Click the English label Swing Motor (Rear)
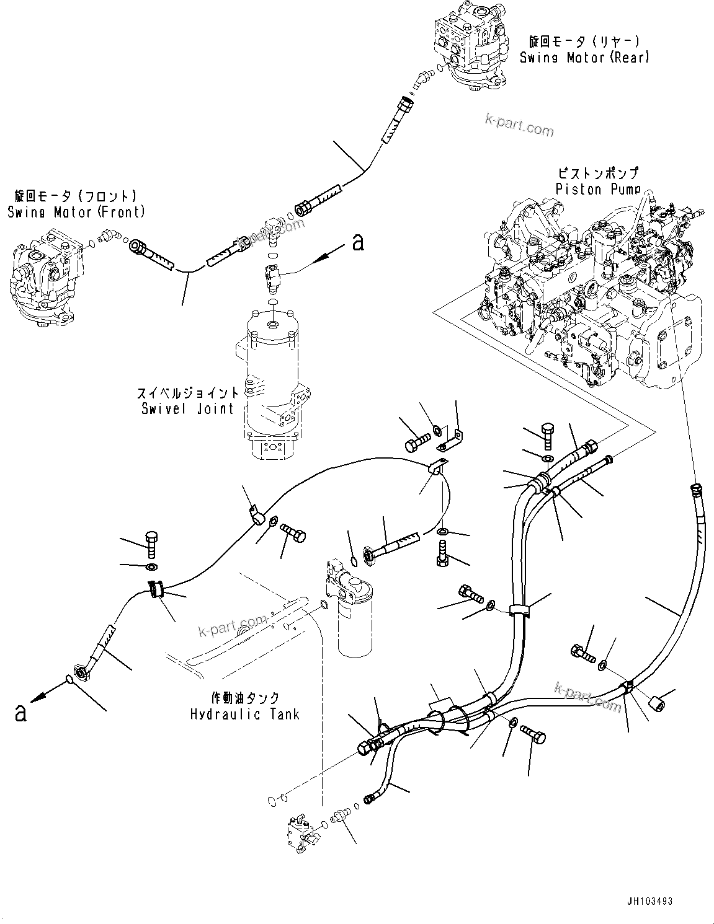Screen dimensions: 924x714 click(584, 58)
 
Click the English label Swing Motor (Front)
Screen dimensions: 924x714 click(76, 212)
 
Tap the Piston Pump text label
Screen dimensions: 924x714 click(597, 189)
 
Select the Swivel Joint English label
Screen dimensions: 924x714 click(186, 408)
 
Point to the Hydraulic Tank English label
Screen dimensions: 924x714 click(244, 714)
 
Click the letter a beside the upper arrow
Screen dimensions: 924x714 click(357, 242)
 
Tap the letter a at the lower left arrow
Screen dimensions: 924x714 click(20, 713)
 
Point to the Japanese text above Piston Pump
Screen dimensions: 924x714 click(597, 174)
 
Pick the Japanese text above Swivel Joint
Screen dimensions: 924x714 click(187, 394)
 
